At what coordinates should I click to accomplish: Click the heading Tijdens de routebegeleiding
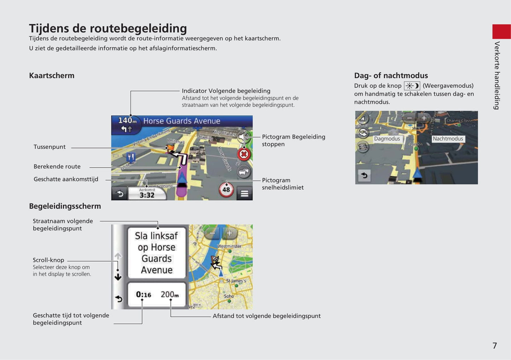(108, 28)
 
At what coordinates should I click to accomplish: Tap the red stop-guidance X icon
(244, 154)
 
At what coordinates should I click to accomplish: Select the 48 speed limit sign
(226, 190)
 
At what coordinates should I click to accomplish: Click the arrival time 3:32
(147, 195)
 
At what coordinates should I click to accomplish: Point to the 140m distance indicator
(127, 121)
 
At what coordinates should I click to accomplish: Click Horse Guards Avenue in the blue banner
(181, 121)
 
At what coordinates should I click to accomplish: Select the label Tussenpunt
(50, 147)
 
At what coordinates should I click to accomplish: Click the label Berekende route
(57, 166)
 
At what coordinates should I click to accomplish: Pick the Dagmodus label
(387, 139)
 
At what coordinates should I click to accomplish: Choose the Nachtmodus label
(448, 139)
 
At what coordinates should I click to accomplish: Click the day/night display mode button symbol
(412, 86)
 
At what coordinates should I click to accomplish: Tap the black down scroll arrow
(118, 277)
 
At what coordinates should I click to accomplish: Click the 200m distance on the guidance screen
(170, 294)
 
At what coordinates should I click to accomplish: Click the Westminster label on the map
(229, 246)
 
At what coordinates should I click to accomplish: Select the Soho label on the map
(229, 296)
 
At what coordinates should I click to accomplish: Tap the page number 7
(495, 346)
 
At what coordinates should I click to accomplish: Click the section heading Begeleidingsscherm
(65, 206)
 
